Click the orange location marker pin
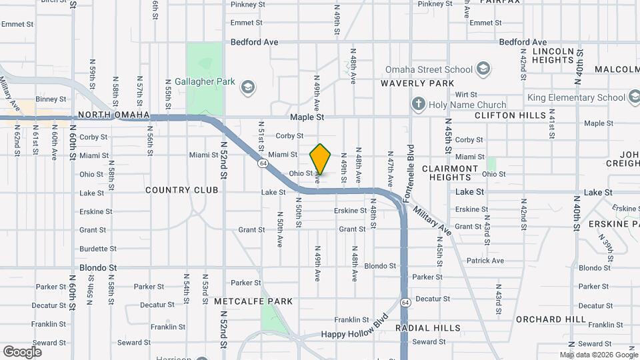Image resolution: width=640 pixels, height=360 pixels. click(320, 159)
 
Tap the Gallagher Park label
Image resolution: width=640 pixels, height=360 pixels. click(200, 82)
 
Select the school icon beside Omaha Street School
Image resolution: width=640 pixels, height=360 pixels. click(483, 69)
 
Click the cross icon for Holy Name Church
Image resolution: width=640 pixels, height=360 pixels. click(418, 104)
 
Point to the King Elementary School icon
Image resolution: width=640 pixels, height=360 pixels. click(634, 97)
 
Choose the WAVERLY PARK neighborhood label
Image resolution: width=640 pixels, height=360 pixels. click(417, 83)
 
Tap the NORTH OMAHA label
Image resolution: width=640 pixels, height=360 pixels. click(114, 115)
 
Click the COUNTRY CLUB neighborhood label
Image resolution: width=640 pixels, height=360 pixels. click(182, 190)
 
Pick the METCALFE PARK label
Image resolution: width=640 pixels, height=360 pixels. click(253, 301)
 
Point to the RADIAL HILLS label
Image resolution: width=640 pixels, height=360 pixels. click(427, 328)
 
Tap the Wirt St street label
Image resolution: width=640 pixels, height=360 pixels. click(465, 95)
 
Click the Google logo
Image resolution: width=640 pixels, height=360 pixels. click(22, 351)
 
